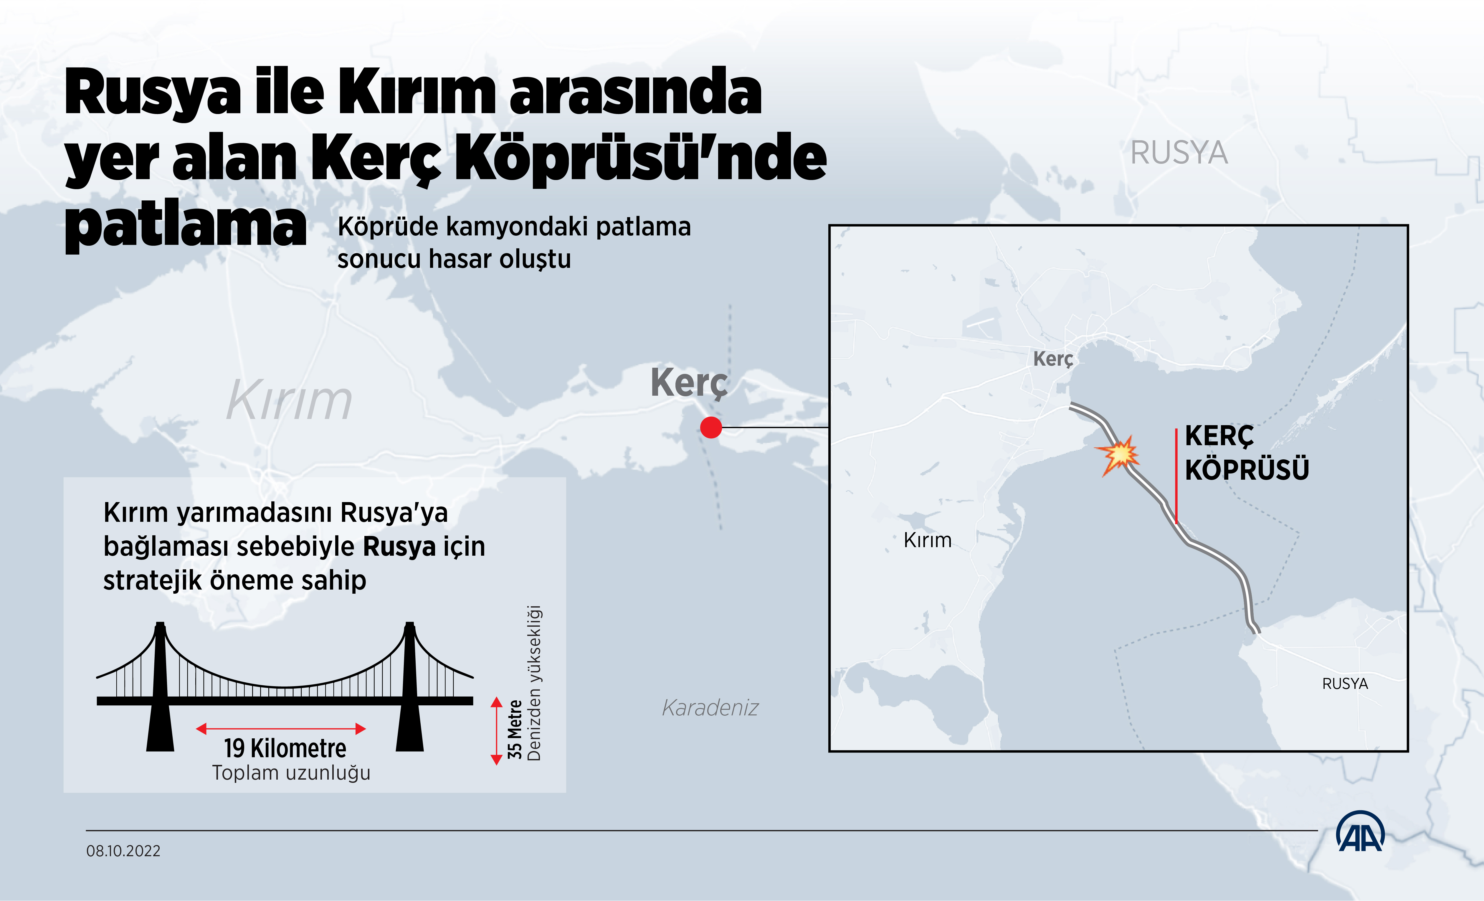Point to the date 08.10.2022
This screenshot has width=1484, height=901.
[123, 851]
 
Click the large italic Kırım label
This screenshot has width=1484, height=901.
[289, 400]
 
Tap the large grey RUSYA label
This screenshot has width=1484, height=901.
[1179, 152]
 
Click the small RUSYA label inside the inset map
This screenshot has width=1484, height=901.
[1345, 684]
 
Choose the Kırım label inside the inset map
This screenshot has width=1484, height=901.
[928, 540]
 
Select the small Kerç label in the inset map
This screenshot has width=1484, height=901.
[1053, 359]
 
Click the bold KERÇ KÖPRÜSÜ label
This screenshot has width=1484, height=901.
[1247, 453]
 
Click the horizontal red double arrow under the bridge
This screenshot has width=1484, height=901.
[281, 729]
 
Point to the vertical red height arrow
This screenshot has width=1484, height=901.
[496, 731]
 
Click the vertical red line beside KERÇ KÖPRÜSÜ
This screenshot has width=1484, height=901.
[1176, 476]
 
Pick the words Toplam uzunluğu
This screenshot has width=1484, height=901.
[291, 773]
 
